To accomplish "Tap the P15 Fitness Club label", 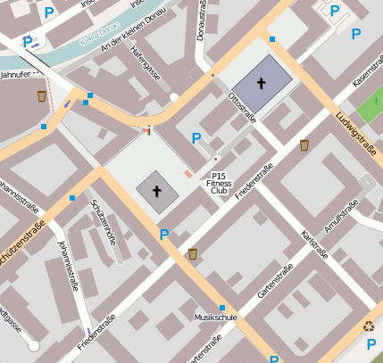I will (x=220, y=183).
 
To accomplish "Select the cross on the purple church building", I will (x=262, y=83).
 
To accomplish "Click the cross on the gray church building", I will (x=157, y=191).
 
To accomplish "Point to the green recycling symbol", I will (x=369, y=326).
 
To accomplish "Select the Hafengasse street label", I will (x=144, y=66).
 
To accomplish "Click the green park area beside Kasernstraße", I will (x=368, y=109).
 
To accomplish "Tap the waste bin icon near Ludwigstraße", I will (x=304, y=144).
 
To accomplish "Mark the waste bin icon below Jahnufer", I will (x=42, y=95).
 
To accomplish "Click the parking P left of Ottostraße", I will (x=196, y=138).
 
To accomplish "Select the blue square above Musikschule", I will (x=222, y=308).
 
